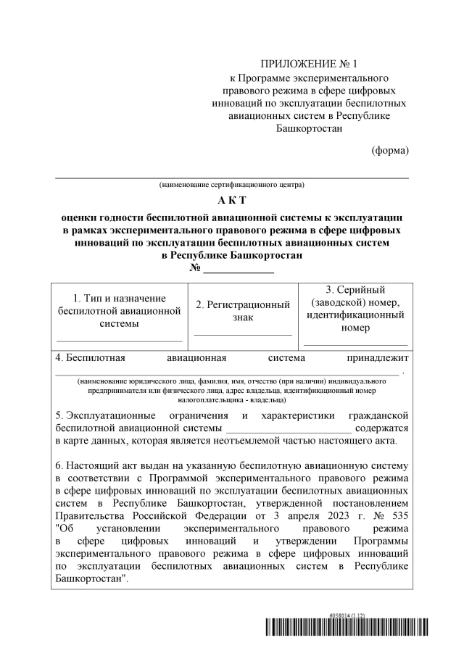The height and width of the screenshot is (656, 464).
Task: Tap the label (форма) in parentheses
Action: pos(390,150)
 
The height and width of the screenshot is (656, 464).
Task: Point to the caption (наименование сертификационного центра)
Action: pos(232,185)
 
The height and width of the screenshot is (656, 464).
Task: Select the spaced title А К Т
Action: pos(232,200)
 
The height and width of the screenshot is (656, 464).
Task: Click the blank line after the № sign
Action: pos(239,270)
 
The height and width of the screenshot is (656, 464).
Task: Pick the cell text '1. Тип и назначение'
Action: pos(120,298)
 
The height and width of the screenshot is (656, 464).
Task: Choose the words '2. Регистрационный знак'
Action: pos(243,312)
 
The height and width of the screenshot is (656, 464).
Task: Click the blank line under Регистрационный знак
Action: pos(243,334)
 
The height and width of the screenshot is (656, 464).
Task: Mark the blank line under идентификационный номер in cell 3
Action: pos(355,344)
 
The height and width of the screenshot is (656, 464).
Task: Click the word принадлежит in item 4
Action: pos(378,357)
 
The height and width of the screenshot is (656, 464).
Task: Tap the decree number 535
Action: pos(399,515)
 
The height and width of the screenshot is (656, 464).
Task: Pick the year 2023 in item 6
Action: pos(328,515)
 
